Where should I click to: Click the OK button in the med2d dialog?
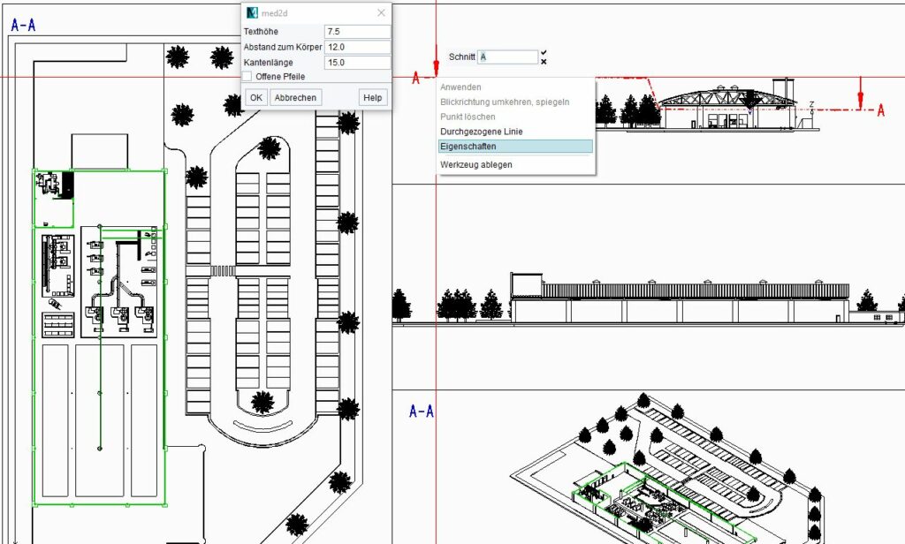(x=255, y=97)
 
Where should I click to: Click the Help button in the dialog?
(x=373, y=97)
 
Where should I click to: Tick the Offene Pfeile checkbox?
(x=247, y=77)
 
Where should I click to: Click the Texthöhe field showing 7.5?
(x=357, y=32)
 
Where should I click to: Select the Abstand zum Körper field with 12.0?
(x=357, y=47)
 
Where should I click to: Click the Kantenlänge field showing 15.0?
(x=357, y=63)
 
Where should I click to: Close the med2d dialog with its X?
(x=381, y=12)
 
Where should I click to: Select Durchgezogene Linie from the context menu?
(x=481, y=132)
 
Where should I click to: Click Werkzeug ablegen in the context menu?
(x=475, y=164)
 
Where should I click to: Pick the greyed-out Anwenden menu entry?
(x=460, y=87)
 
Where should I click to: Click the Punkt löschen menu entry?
(x=468, y=117)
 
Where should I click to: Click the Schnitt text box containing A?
(x=507, y=57)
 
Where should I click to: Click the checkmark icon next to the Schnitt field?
(x=544, y=53)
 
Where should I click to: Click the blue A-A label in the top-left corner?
(x=24, y=26)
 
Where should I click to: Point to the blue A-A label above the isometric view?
(x=422, y=412)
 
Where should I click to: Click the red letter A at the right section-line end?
(x=880, y=110)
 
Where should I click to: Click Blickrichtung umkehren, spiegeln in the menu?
(x=505, y=102)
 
